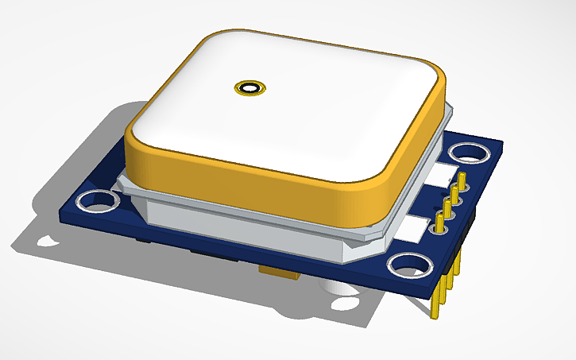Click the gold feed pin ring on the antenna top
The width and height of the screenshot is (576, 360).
tap(251, 87)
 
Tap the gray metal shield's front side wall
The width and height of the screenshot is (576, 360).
tap(238, 227)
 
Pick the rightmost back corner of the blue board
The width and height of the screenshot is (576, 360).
tap(502, 142)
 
